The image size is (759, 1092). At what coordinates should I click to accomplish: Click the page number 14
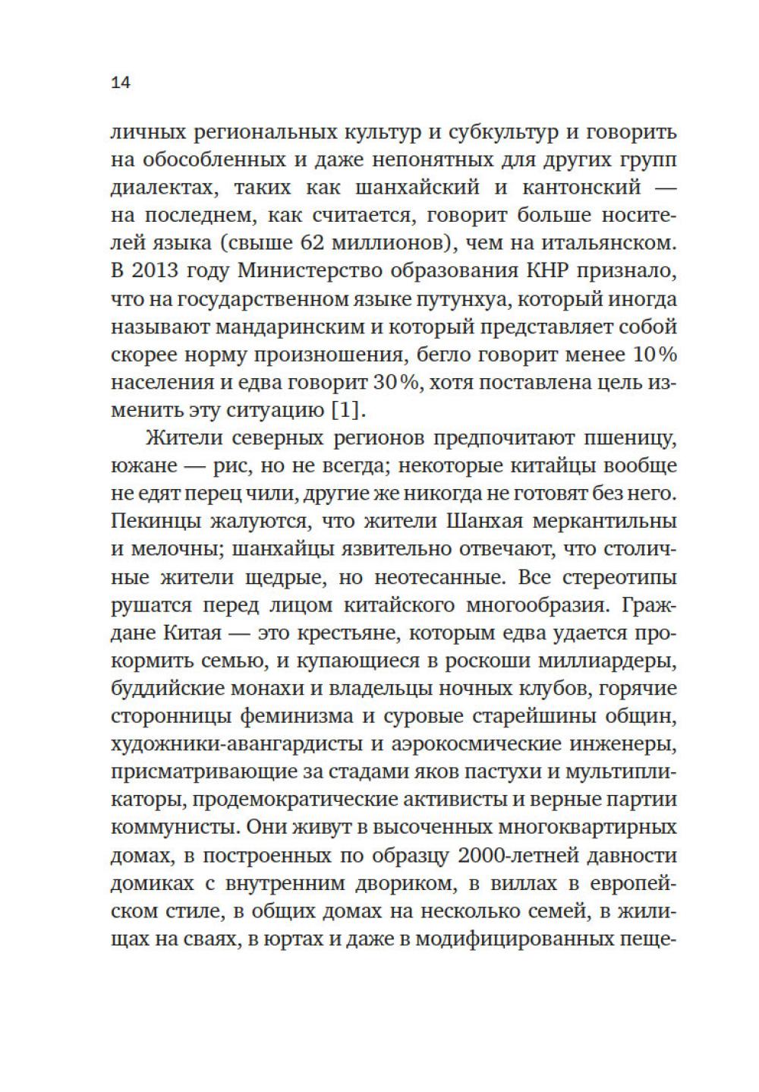click(121, 83)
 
